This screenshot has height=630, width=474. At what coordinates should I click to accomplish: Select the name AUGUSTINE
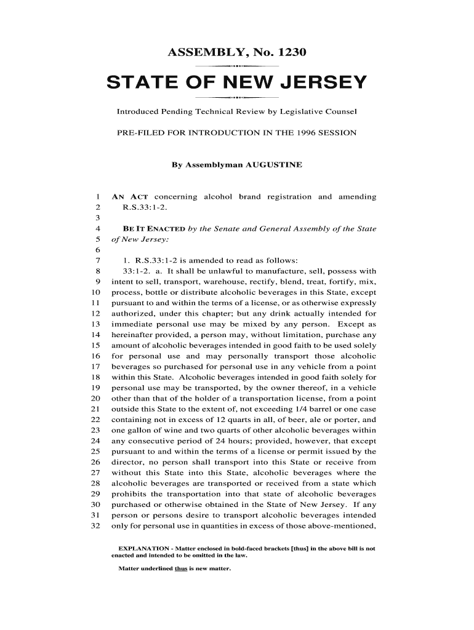point(274,165)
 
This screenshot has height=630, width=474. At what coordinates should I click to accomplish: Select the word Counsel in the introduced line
point(340,113)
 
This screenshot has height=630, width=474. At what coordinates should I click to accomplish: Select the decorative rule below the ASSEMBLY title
point(237,65)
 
